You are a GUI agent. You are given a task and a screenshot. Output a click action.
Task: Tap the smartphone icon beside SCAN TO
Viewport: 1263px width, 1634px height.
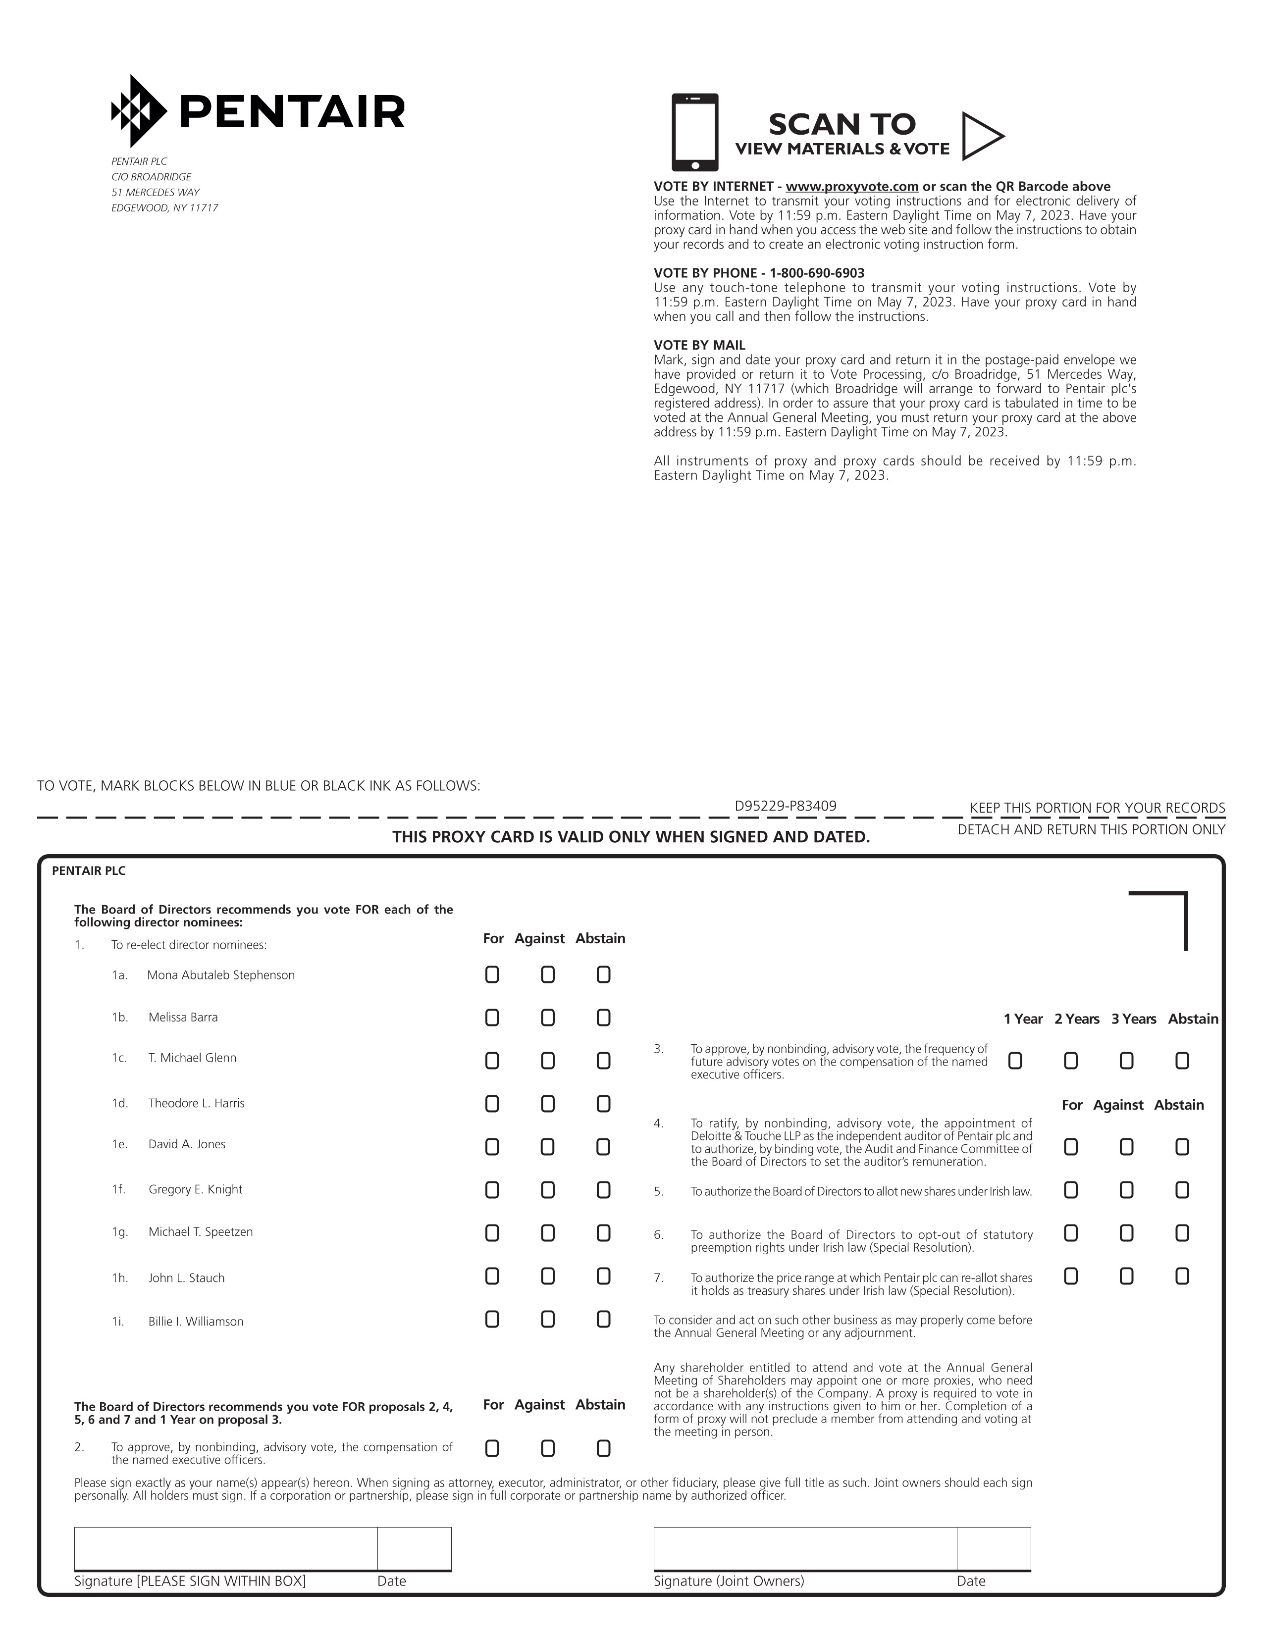pos(694,132)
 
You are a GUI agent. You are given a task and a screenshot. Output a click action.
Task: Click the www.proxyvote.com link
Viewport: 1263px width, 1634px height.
pos(851,186)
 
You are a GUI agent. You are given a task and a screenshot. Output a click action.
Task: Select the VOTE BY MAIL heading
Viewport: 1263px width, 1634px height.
pos(699,345)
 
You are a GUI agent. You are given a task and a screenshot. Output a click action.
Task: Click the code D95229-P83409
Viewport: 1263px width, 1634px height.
pos(785,806)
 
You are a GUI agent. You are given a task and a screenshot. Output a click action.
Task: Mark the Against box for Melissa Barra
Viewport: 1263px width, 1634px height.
pos(548,1018)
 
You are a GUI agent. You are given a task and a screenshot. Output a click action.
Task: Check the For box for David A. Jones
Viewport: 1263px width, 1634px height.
pos(492,1146)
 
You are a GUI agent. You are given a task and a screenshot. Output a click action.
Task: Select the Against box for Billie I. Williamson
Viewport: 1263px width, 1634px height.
pos(548,1319)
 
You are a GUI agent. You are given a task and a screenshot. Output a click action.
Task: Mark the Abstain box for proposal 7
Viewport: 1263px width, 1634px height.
pos(1181,1276)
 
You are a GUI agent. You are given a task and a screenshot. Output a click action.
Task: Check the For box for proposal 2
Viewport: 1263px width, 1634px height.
pos(492,1448)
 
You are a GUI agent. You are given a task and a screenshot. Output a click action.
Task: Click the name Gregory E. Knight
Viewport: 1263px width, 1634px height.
pos(195,1189)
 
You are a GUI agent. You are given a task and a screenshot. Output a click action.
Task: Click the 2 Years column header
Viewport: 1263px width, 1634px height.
pos(1077,1019)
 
